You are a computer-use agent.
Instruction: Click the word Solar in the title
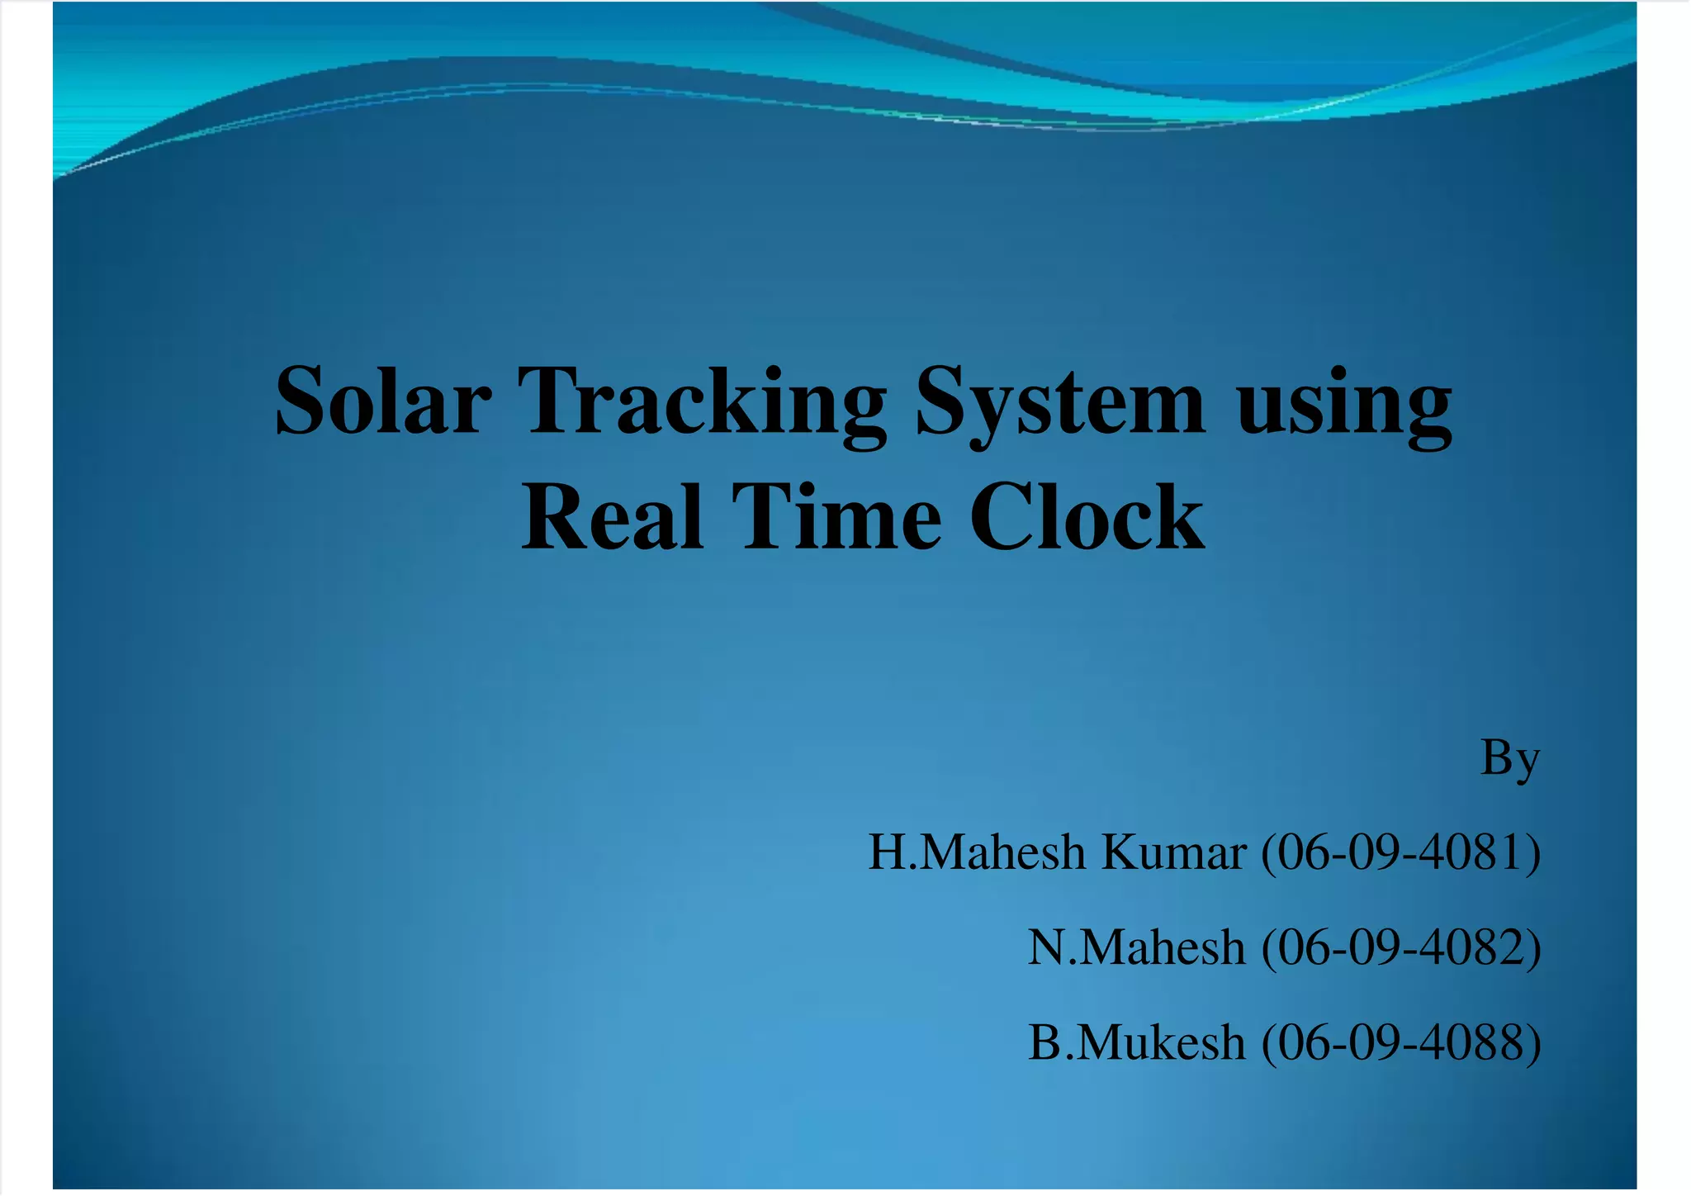[383, 402]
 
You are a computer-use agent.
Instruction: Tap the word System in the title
[1059, 402]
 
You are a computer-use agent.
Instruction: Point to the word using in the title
[1343, 402]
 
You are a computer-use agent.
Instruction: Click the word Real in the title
[612, 517]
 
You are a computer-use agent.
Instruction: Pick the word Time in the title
[836, 517]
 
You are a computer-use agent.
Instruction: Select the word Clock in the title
[1087, 517]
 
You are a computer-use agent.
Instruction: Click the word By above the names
[1509, 758]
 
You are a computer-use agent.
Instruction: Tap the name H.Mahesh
[976, 852]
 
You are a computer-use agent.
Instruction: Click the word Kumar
[1173, 852]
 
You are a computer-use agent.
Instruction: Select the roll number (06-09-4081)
[1400, 852]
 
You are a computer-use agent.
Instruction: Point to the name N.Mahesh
[1135, 947]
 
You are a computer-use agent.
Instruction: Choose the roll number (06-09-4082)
[1400, 947]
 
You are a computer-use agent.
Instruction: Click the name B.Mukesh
[1135, 1042]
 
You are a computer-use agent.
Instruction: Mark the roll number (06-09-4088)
[1400, 1042]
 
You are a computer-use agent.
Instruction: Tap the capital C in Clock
[1001, 517]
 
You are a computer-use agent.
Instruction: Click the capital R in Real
[554, 517]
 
